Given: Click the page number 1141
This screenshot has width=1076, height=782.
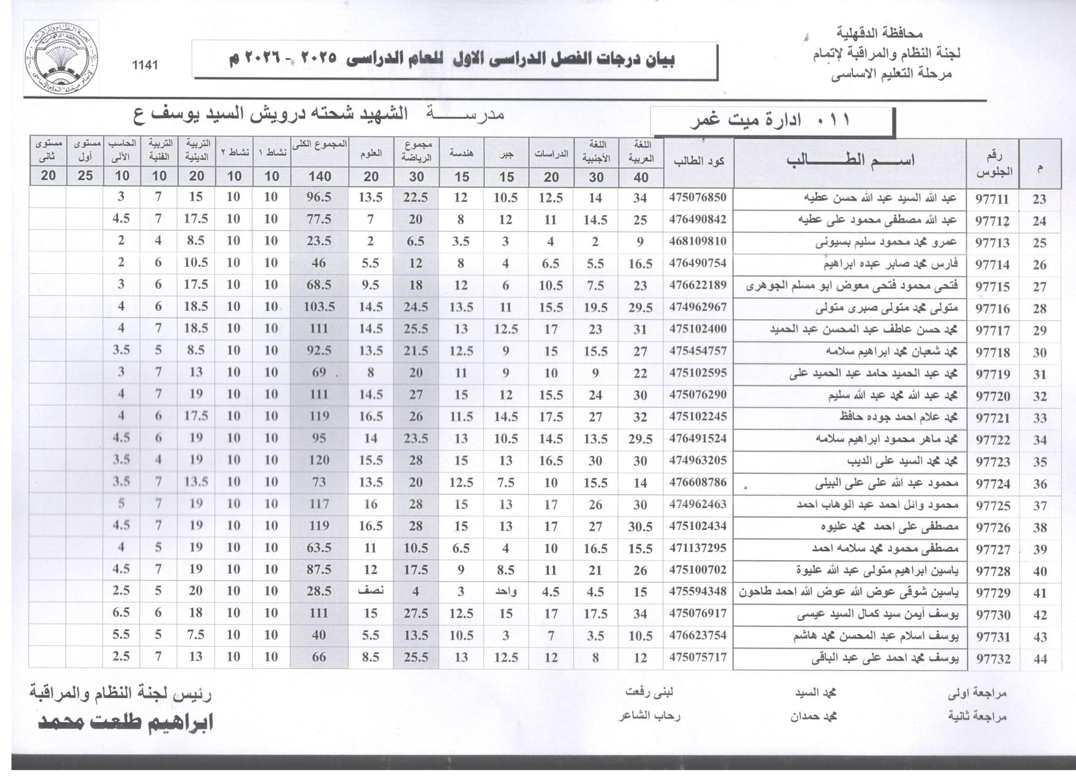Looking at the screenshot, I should click(145, 65).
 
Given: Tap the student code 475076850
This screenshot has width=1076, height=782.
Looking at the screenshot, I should click(698, 197).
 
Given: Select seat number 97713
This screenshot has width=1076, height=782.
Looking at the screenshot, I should click(992, 243).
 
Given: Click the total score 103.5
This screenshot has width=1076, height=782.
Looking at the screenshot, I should click(319, 307).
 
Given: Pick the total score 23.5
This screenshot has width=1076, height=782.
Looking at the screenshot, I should click(319, 241).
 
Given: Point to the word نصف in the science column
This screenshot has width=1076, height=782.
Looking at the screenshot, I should click(371, 591).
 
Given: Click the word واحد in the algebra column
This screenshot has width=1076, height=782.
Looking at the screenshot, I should click(506, 591).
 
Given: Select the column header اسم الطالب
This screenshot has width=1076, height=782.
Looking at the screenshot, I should click(850, 160).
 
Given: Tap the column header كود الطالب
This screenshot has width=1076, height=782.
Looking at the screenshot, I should click(699, 161).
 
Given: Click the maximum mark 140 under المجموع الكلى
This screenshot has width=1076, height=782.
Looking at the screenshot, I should click(319, 176).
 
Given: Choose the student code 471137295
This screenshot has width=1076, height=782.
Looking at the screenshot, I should click(698, 548).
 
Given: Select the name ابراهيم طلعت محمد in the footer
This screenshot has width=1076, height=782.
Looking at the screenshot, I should click(125, 723).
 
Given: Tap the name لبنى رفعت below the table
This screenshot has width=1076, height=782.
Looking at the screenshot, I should click(649, 692).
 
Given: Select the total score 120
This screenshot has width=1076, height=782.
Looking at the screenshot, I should click(319, 460).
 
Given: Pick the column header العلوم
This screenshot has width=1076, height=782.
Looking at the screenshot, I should click(371, 153).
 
